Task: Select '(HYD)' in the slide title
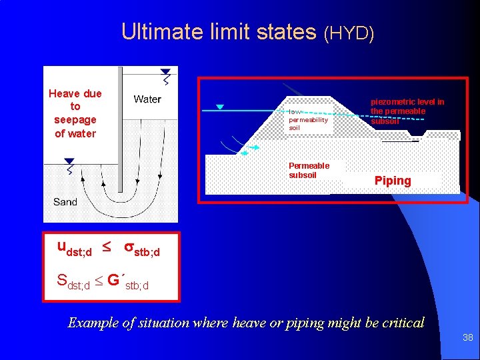tap(349, 33)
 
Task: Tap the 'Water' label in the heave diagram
tap(147, 99)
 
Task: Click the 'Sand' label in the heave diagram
tap(65, 201)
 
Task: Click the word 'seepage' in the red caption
tap(75, 120)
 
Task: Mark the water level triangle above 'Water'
tap(165, 71)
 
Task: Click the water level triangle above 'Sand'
tap(69, 161)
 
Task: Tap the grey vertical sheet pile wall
tap(117, 127)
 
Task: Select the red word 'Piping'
tap(393, 181)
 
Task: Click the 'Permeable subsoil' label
tap(309, 170)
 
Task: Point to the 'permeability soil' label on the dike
tap(308, 120)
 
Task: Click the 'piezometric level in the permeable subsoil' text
tap(407, 111)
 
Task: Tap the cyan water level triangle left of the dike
tap(219, 107)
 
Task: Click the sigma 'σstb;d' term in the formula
tap(142, 249)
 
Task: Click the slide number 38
tap(467, 338)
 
